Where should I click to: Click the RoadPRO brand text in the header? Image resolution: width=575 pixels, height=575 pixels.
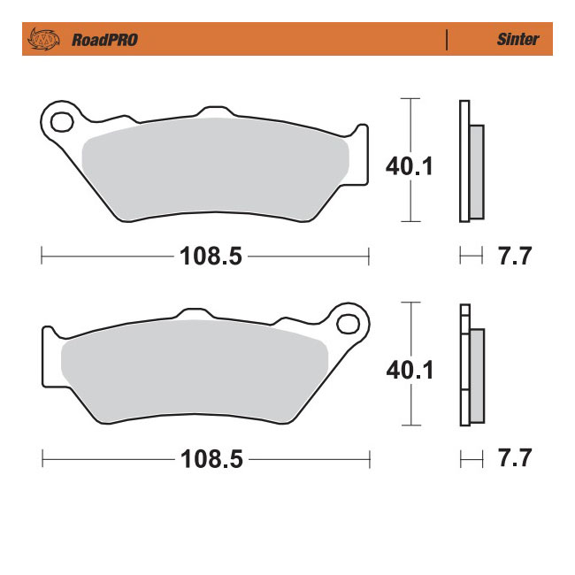pos(104,40)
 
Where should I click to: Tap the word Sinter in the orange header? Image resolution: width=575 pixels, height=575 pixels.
pos(517,40)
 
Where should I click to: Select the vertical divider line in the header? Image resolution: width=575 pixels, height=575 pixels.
pos(448,40)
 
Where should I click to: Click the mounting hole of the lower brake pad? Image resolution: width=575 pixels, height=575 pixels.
pos(350,323)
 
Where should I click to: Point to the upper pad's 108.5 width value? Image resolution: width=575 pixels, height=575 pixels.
pos(211,257)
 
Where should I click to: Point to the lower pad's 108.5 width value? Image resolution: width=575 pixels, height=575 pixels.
pos(211,460)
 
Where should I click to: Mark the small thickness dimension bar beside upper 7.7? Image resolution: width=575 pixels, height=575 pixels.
pos(471,257)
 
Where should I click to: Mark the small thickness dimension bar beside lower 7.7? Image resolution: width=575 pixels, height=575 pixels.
pos(471,460)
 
